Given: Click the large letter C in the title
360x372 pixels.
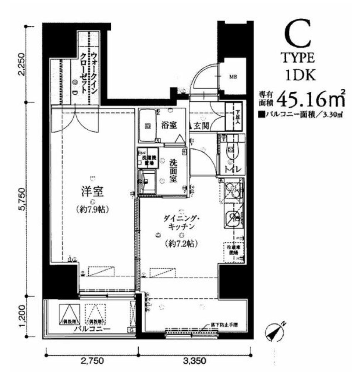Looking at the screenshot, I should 297,35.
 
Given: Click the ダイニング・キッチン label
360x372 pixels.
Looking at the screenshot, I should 180,222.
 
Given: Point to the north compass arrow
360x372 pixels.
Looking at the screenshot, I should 275,330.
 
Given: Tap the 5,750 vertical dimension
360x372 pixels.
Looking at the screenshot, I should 22,199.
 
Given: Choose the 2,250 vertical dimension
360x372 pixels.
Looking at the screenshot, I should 22,63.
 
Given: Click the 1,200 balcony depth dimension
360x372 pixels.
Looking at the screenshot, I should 22,317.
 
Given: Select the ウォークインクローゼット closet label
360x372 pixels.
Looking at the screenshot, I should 89,73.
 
